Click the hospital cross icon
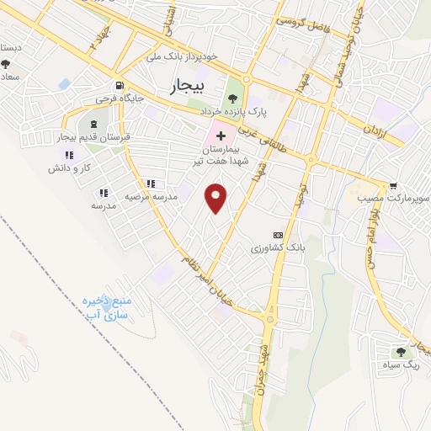coord(221,136)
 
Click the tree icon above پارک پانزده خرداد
coord(232,98)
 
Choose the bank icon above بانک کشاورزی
coord(278,235)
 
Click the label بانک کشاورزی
coord(274,249)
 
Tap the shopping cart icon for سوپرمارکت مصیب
coord(393,185)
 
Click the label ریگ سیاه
coord(402,364)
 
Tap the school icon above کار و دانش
coord(69,155)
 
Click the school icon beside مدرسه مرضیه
coord(151,183)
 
